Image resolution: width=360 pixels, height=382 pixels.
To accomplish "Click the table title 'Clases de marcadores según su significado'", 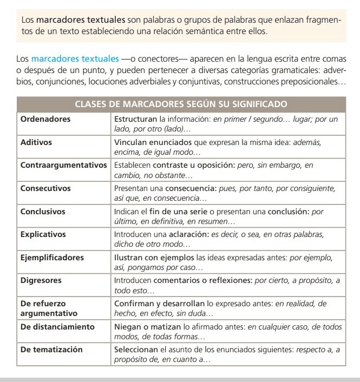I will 180,103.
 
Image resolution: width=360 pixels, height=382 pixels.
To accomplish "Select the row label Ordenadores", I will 45,119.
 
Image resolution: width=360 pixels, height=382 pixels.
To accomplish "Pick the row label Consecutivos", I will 45,188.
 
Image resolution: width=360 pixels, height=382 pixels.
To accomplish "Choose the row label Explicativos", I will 43,235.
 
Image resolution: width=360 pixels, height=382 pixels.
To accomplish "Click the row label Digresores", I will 40,281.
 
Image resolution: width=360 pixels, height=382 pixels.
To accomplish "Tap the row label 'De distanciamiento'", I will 57,327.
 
